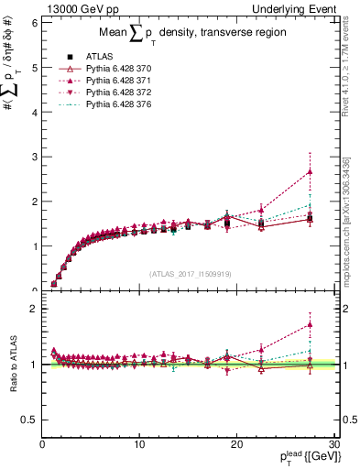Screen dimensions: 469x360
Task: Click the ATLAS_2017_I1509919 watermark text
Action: tap(189, 273)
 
